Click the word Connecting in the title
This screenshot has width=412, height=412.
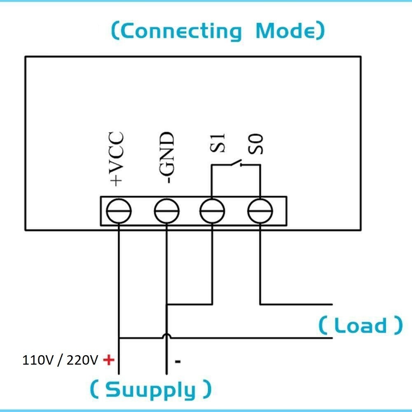pyautogui.click(x=181, y=31)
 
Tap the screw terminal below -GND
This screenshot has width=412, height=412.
pyautogui.click(x=167, y=211)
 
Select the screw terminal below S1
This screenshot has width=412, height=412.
pyautogui.click(x=212, y=211)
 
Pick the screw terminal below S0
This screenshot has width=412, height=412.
pyautogui.click(x=260, y=211)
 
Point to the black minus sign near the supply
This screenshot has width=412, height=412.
pyautogui.click(x=178, y=362)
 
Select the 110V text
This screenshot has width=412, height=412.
pyautogui.click(x=36, y=360)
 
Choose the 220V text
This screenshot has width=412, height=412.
pyautogui.click(x=82, y=360)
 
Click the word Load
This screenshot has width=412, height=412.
pyautogui.click(x=360, y=325)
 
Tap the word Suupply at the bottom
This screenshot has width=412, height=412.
pyautogui.click(x=150, y=389)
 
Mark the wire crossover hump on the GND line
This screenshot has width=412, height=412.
pyautogui.click(x=167, y=337)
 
